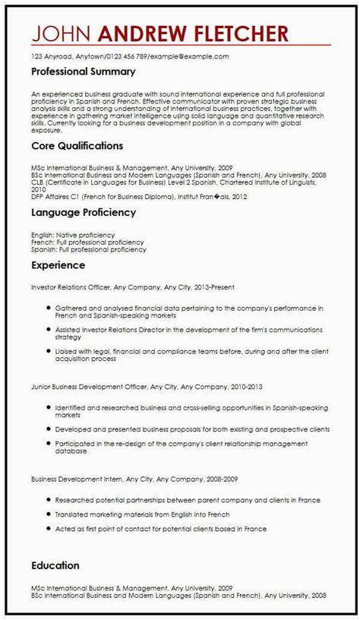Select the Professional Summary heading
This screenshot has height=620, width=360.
click(84, 71)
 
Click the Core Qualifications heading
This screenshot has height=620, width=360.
click(77, 144)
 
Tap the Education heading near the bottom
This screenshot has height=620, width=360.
click(55, 565)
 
